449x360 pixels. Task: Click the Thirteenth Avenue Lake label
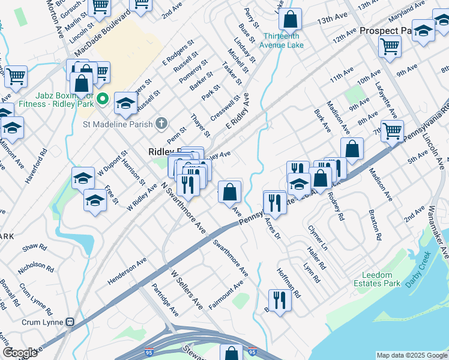[x=282, y=40]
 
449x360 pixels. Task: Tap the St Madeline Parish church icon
[x=160, y=124]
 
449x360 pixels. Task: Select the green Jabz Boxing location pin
[x=103, y=99]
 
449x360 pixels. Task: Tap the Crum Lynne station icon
[x=70, y=322]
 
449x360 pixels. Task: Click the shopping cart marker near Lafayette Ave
[x=392, y=130]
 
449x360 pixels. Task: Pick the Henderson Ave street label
[x=127, y=271]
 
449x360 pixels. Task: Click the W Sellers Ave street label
[x=187, y=289]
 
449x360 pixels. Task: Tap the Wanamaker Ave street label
[x=438, y=232]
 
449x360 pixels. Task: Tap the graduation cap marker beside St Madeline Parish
[x=125, y=103]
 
